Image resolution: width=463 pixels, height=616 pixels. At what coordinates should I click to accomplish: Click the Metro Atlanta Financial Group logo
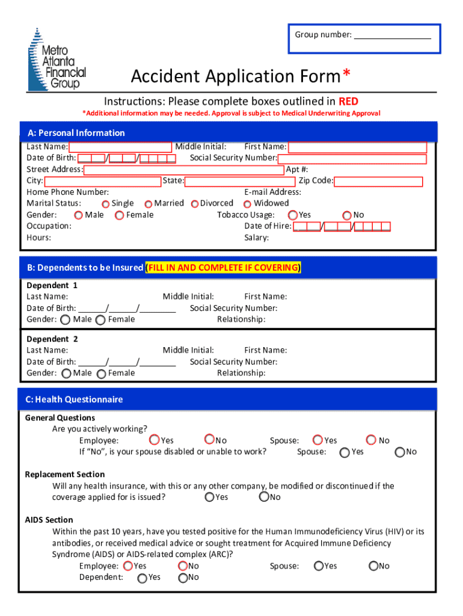pyautogui.click(x=57, y=60)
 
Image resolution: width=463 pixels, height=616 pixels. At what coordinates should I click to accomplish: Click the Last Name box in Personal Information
pyautogui.click(x=120, y=147)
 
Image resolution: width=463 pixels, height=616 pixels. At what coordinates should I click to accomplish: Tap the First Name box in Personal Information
pyautogui.click(x=357, y=147)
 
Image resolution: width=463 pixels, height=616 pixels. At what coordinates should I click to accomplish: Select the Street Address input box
pyautogui.click(x=183, y=170)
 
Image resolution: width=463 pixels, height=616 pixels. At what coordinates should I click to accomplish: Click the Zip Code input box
pyautogui.click(x=378, y=182)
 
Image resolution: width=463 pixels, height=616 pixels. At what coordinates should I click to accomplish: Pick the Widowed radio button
pyautogui.click(x=247, y=204)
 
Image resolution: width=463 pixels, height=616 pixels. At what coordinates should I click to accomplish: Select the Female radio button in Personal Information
pyautogui.click(x=120, y=215)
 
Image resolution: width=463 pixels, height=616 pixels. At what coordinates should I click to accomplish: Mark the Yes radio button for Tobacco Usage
pyautogui.click(x=293, y=215)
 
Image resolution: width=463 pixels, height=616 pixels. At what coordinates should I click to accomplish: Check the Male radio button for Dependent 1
pyautogui.click(x=66, y=320)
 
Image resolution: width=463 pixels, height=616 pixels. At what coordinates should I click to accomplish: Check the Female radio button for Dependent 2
pyautogui.click(x=101, y=374)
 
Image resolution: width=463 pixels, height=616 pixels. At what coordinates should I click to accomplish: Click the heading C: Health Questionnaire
pyautogui.click(x=74, y=399)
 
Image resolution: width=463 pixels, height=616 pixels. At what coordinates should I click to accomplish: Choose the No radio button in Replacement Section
pyautogui.click(x=264, y=497)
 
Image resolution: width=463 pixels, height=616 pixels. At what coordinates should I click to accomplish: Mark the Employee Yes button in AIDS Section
pyautogui.click(x=128, y=566)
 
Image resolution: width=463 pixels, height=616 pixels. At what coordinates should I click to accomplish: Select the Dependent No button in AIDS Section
pyautogui.click(x=183, y=577)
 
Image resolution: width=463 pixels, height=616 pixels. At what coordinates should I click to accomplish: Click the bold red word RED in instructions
pyautogui.click(x=348, y=101)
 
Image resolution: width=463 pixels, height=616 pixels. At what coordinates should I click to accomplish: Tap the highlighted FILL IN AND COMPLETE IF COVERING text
pyautogui.click(x=224, y=268)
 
